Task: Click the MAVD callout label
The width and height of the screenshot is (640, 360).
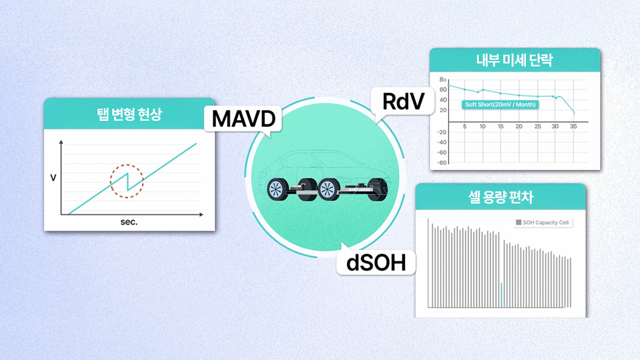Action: coord(243,119)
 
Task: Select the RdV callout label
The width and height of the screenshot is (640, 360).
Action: coord(403,101)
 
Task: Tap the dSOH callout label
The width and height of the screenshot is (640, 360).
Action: coord(376,262)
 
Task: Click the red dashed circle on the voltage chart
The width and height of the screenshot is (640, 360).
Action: coord(127,181)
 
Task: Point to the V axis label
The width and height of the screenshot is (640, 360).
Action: coord(53,178)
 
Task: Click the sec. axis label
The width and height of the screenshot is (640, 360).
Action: coord(129,222)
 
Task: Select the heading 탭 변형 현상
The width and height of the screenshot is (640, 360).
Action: coord(129,114)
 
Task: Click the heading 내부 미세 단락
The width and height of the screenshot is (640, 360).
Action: coord(514,60)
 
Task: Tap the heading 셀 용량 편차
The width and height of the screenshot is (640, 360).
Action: coord(501,197)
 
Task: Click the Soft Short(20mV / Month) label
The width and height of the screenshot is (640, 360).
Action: coord(501,104)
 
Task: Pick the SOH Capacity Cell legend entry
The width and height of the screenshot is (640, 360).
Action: coord(542,222)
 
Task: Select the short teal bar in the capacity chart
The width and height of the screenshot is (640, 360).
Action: coord(501,295)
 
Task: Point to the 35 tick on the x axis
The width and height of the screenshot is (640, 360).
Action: coord(573,126)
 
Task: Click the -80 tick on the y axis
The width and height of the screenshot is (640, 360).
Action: coord(441,162)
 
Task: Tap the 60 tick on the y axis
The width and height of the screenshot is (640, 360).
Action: coord(443,90)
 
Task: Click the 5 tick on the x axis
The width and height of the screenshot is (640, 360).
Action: coord(464,126)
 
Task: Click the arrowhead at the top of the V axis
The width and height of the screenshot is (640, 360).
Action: coord(61,142)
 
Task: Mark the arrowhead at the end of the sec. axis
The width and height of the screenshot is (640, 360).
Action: coord(201,214)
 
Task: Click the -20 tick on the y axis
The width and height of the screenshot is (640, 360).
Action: coord(441,132)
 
